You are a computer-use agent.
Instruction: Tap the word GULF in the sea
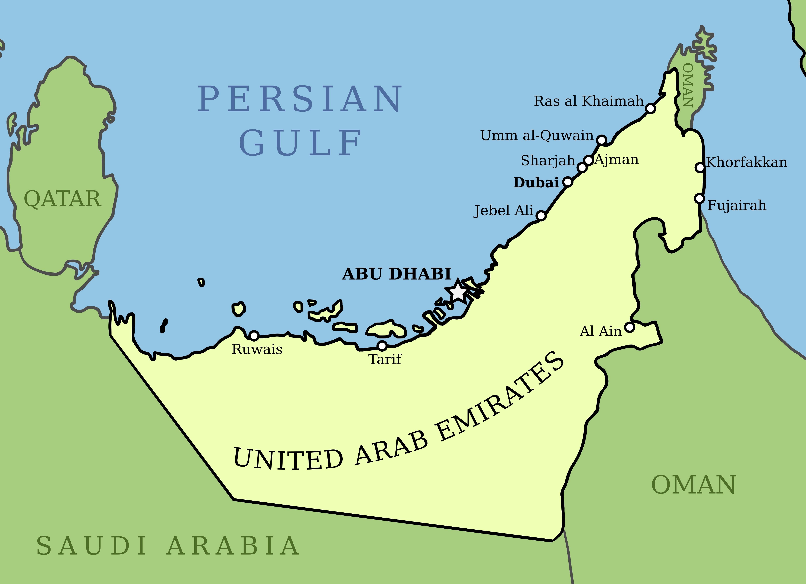(300, 143)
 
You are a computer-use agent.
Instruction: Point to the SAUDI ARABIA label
(168, 546)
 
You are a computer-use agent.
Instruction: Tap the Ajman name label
(617, 160)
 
